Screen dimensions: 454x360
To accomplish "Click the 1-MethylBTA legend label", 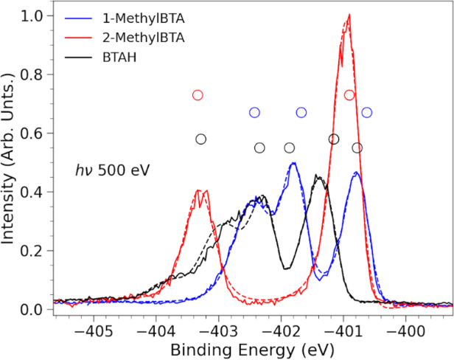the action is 143,19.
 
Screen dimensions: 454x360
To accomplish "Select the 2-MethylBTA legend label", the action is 143,38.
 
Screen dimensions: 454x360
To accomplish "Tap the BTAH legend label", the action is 119,58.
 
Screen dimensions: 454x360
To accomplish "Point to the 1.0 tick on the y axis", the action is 32,16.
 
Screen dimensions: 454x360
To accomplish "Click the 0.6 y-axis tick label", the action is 32,134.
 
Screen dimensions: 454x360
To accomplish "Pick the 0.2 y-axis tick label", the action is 32,251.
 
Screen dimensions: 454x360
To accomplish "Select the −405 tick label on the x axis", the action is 94,331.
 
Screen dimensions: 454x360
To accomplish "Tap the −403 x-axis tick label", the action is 219,331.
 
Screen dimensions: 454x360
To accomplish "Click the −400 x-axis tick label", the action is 405,331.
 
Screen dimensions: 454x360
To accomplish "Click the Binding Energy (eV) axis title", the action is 252,350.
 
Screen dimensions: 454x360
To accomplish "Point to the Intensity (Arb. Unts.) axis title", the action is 8,159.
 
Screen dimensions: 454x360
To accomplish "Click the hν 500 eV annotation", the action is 113,170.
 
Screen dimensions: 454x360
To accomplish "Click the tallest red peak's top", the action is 349,14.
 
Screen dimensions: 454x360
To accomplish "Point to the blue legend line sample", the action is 78,19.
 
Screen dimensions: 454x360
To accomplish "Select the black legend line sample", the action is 78,58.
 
